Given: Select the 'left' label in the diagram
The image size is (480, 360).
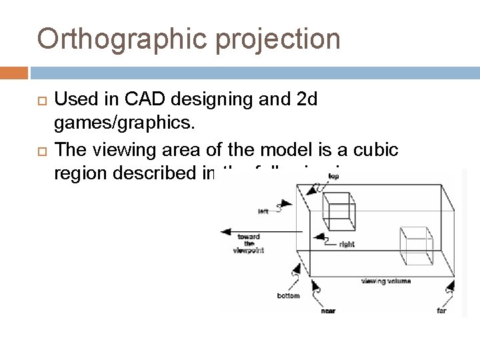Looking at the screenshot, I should (264, 213).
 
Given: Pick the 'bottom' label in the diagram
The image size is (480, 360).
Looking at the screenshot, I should (289, 295).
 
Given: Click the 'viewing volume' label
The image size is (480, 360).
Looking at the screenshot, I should (386, 281).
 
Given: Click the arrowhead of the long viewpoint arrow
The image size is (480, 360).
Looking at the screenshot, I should (225, 232).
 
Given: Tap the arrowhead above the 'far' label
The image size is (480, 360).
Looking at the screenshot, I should (450, 288).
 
